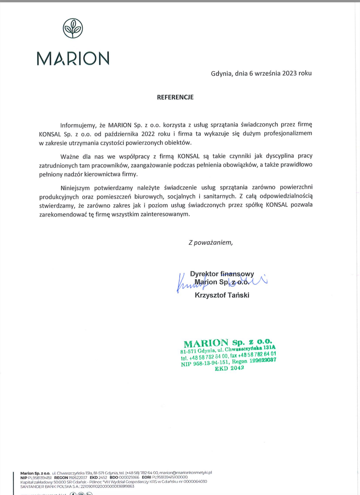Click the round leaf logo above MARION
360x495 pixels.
73,28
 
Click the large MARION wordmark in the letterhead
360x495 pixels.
73,58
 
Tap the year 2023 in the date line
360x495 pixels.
289,73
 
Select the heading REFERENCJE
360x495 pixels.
175,97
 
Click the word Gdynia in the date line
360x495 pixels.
221,73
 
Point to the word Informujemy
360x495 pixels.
78,125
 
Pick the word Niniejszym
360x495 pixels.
76,187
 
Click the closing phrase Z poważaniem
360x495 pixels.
211,243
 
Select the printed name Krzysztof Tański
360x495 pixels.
222,295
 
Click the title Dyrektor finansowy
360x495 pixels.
222,274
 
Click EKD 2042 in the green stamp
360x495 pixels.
229,368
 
